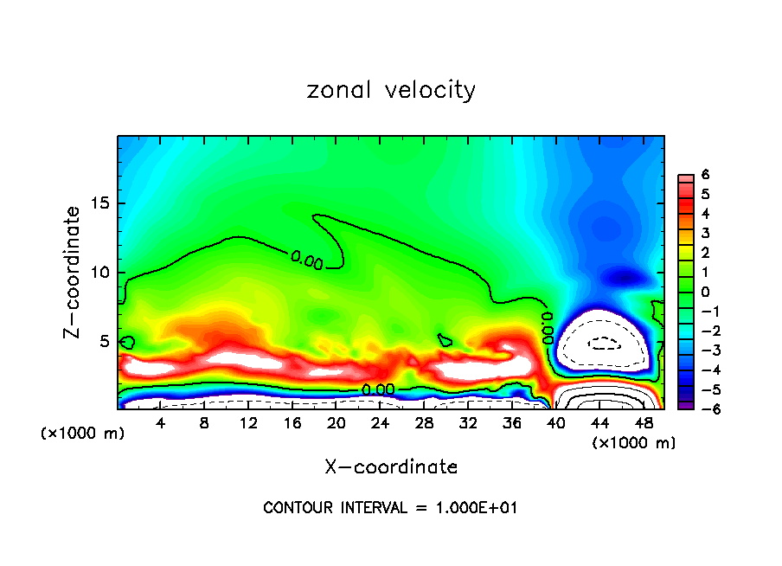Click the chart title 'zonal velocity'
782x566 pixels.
pos(391,90)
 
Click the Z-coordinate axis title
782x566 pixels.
pos(73,272)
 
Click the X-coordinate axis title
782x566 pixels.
pos(391,467)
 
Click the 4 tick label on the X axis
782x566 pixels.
pos(161,422)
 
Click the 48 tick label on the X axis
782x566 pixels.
pos(643,422)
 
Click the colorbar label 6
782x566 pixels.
pos(705,175)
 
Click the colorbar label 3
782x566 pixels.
pos(705,233)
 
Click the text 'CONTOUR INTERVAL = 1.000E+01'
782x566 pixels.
pos(391,508)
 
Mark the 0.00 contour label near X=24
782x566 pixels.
pos(378,390)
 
